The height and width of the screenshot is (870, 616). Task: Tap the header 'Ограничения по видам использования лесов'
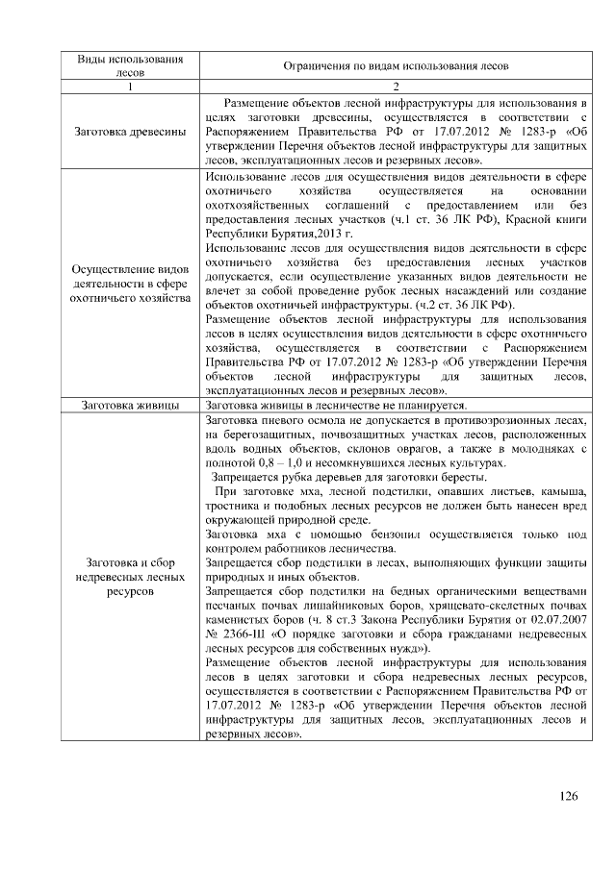click(x=395, y=65)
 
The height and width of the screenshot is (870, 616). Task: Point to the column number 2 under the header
click(x=395, y=87)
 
